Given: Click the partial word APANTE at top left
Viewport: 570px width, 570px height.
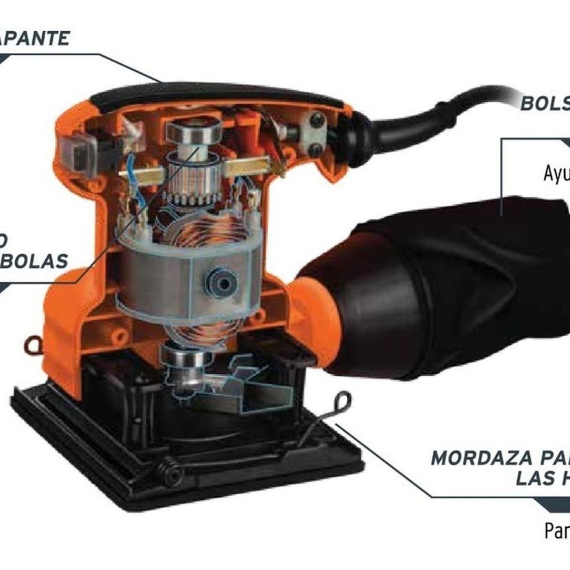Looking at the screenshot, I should pyautogui.click(x=34, y=38).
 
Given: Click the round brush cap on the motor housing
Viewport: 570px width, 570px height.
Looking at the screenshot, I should pyautogui.click(x=221, y=283).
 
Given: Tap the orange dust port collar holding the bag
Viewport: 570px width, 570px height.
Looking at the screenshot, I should pyautogui.click(x=309, y=323).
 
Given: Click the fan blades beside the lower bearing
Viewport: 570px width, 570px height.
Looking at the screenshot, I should pyautogui.click(x=247, y=380).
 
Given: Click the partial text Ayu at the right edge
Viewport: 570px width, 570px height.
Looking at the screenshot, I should pyautogui.click(x=556, y=174).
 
